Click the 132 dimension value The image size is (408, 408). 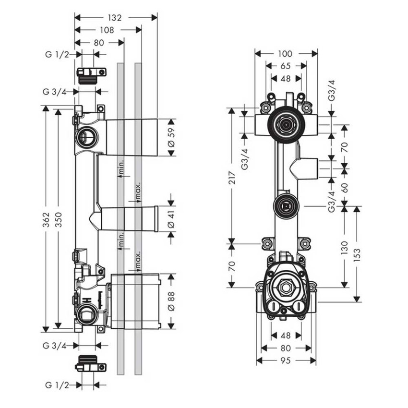[x=115, y=18]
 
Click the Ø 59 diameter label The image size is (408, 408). [x=171, y=137]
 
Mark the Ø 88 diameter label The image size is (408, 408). [x=171, y=301]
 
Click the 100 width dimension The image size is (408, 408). [x=285, y=54]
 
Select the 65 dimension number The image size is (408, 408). [x=285, y=66]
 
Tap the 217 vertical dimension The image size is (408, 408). [x=231, y=179]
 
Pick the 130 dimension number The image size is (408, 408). [x=345, y=247]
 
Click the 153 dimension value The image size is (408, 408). [x=357, y=254]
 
